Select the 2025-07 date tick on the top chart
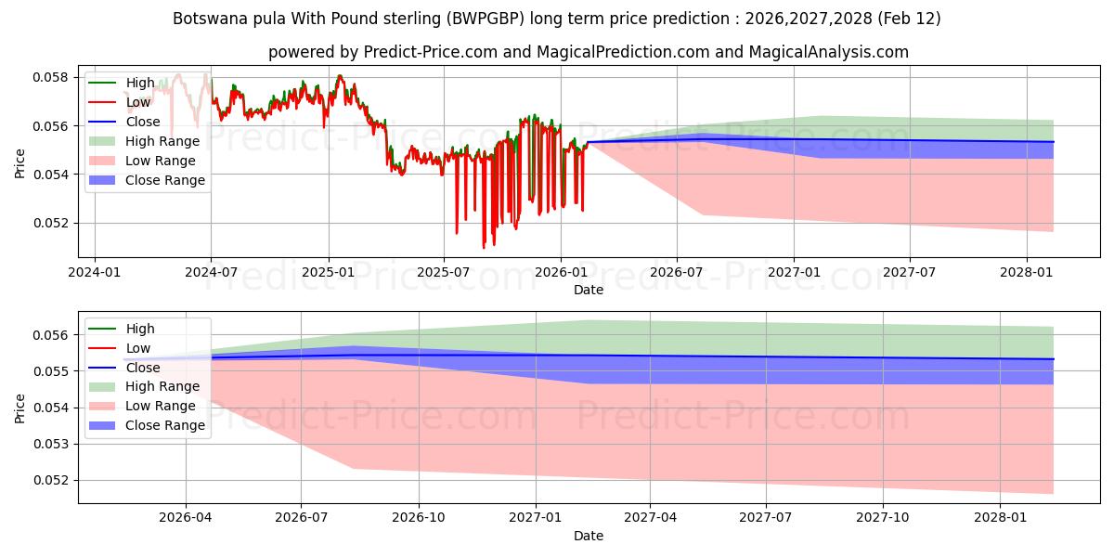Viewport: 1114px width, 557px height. pos(444,272)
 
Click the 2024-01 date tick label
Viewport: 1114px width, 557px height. pos(96,272)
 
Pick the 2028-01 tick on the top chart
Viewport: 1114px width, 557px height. pos(1026,272)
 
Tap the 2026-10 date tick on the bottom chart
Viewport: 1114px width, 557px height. pos(419,518)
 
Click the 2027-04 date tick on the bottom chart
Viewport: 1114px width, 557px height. pos(650,518)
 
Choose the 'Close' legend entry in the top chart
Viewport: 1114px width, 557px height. pos(143,122)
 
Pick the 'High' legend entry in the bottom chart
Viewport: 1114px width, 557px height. pos(140,329)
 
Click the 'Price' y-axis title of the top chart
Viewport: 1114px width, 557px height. pos(20,163)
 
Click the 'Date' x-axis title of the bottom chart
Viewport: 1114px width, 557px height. pos(589,536)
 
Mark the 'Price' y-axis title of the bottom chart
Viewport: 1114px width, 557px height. pos(20,408)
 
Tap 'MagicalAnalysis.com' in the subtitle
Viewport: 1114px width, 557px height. pos(831,52)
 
